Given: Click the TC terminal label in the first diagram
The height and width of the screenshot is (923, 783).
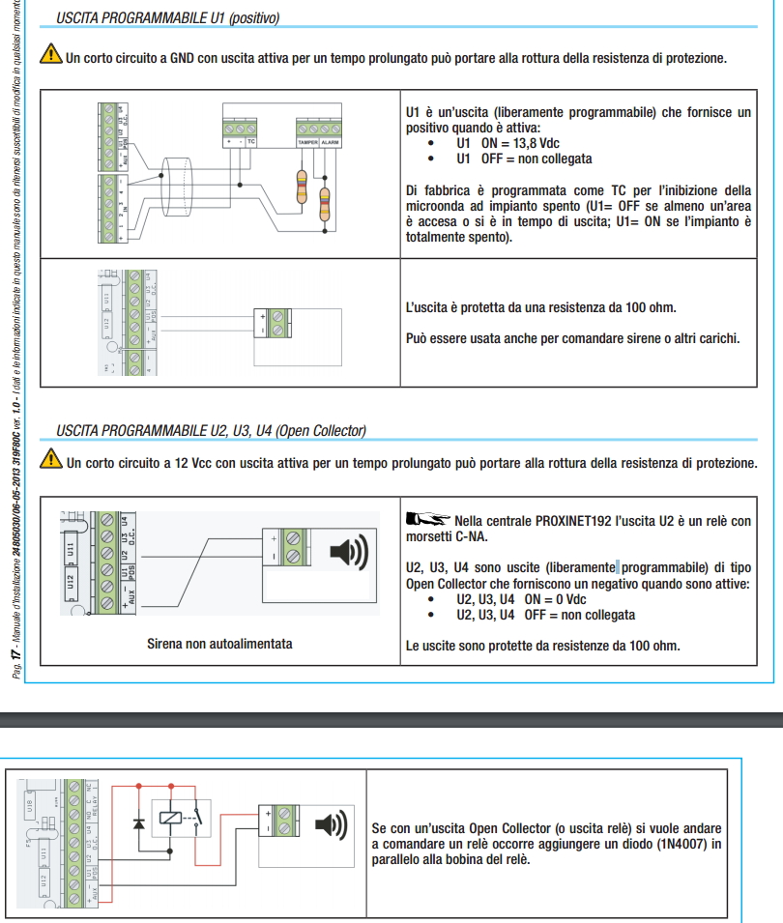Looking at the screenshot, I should tap(250, 142).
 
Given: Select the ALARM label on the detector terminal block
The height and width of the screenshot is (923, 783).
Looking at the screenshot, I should tap(331, 142).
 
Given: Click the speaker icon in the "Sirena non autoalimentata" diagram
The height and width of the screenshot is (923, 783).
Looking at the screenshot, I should tap(349, 552).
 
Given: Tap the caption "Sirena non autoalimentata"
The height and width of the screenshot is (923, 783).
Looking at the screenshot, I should tap(219, 643).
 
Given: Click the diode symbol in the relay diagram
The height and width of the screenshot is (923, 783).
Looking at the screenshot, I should tap(139, 822).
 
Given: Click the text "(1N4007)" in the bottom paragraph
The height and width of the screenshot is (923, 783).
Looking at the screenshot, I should tap(683, 845).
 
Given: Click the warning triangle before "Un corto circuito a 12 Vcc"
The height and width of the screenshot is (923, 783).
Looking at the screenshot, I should tap(49, 462).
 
